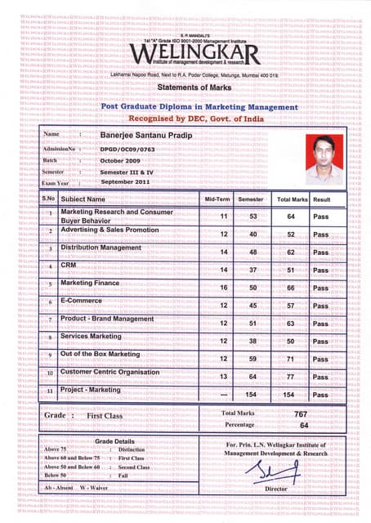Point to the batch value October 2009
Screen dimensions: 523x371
[x=123, y=161]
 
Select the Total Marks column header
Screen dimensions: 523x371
[x=292, y=199]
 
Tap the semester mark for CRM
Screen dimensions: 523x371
[x=253, y=270]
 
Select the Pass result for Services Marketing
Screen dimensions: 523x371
[x=321, y=342]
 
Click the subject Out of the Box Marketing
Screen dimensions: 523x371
[x=101, y=354]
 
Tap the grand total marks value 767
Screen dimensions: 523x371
[x=300, y=414]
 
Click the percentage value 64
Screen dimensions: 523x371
[x=303, y=426]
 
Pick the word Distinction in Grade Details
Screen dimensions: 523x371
[x=132, y=449]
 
